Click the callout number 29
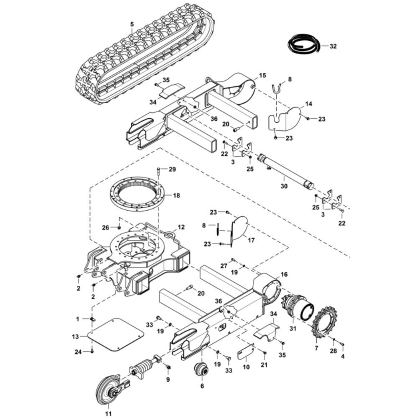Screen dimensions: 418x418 172,169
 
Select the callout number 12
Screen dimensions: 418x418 181,227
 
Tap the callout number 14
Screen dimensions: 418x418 309,103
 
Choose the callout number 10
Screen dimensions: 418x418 246,367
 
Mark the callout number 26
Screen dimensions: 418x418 106,227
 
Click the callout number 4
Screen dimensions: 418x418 343,357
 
